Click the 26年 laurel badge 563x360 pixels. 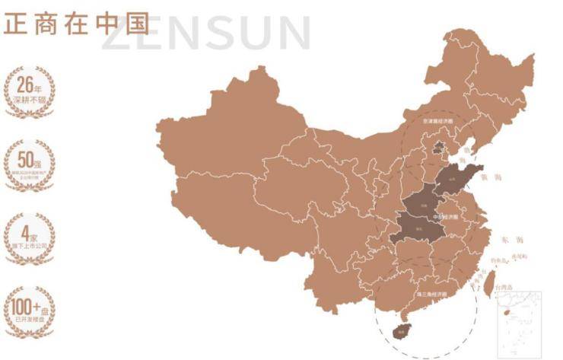[x=30, y=91]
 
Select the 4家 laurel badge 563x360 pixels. [x=30, y=236]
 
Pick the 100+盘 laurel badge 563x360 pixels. [x=30, y=309]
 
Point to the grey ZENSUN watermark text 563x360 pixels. [x=205, y=33]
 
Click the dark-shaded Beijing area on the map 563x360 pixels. [x=437, y=147]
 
